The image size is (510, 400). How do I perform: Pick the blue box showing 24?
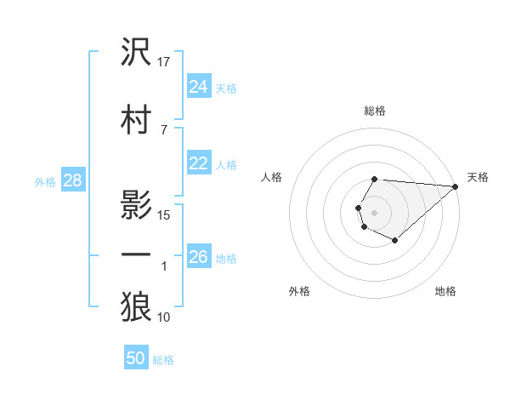(x=198, y=87)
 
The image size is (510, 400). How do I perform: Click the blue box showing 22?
(x=198, y=163)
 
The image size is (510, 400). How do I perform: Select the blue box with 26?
(x=198, y=257)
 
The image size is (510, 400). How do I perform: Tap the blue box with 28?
(x=72, y=180)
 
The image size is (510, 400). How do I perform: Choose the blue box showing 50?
(x=136, y=358)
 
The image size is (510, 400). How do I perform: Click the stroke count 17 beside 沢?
(x=165, y=60)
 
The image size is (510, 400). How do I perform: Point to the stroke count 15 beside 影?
(x=165, y=214)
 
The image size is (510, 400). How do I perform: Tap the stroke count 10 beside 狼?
(x=165, y=317)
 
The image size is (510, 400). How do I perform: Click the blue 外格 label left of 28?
(x=45, y=181)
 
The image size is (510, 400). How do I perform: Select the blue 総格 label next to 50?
(x=163, y=360)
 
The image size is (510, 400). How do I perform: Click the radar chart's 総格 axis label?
(x=374, y=111)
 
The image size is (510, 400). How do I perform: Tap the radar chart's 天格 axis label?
(x=478, y=177)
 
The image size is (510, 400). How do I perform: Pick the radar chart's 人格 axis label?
(x=272, y=177)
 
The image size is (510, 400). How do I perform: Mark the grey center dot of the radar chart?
(x=374, y=211)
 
